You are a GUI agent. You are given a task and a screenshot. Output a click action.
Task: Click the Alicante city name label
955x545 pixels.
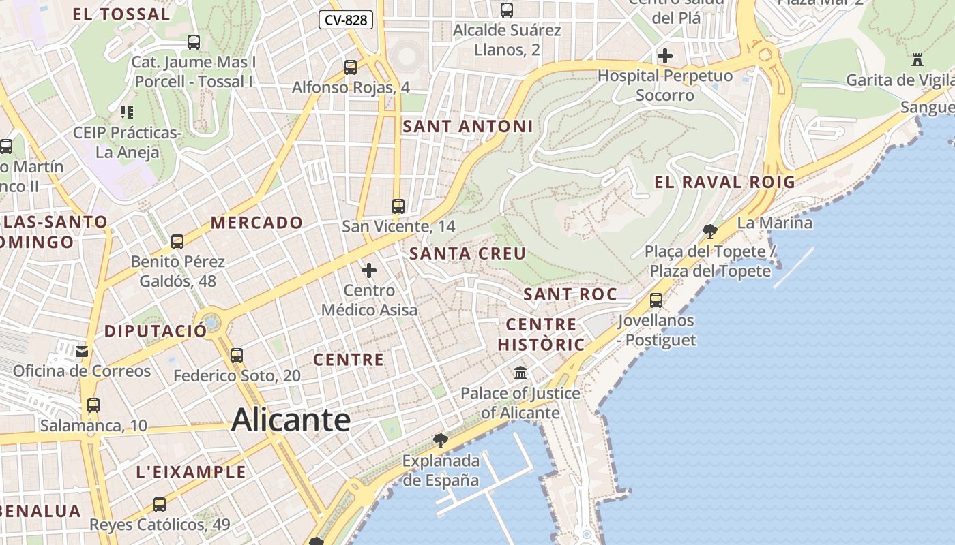291,420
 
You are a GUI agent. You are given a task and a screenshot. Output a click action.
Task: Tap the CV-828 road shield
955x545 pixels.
346,20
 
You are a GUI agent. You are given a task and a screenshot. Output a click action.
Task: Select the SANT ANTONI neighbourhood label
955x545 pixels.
467,126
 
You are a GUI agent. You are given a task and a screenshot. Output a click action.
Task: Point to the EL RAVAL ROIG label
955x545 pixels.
724,182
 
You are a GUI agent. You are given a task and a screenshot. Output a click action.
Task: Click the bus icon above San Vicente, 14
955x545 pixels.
398,206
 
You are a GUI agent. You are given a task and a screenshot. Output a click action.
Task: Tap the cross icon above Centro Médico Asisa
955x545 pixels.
369,270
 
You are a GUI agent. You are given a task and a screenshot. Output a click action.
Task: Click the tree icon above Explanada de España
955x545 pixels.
441,440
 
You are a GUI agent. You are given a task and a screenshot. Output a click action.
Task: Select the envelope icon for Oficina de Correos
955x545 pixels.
82,352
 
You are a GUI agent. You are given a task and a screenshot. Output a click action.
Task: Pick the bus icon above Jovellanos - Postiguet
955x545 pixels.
656,300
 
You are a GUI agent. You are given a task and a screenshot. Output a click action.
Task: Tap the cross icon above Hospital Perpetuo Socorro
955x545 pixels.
664,56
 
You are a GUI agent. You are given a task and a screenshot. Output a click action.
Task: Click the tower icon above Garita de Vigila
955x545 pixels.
917,60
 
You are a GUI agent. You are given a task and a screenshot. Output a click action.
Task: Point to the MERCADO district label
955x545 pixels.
256,223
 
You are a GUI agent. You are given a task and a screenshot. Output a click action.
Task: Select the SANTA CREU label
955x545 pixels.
467,254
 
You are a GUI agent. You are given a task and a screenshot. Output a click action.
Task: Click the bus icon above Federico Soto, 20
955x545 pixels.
237,355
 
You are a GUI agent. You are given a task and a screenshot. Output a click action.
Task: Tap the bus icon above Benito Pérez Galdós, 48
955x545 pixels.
177,241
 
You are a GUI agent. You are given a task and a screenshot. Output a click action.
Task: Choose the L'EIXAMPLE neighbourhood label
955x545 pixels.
191,471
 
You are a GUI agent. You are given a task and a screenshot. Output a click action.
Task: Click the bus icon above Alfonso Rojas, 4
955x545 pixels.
351,67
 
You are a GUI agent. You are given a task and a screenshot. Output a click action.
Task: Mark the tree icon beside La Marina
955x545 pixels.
710,231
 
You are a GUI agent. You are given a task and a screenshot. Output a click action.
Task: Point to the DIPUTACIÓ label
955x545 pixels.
156,332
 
